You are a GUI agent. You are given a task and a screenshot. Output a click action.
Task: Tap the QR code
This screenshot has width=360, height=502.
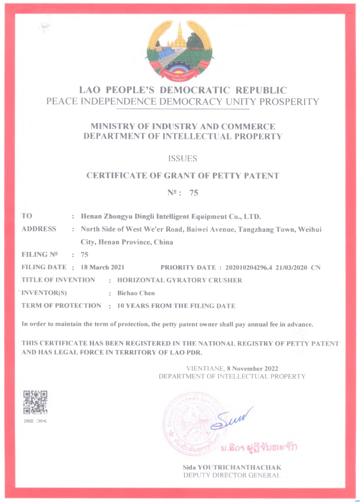point(36,403)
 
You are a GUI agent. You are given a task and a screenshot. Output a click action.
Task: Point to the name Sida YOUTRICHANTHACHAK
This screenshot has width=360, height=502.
point(232,468)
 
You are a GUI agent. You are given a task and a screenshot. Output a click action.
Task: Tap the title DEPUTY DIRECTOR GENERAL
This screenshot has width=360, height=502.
point(232,475)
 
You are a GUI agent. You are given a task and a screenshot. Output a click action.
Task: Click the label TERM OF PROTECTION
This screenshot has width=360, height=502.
point(61,306)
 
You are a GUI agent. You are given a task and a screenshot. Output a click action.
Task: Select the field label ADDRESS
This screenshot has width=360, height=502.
point(39,229)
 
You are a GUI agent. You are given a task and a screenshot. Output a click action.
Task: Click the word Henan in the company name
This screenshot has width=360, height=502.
point(93,216)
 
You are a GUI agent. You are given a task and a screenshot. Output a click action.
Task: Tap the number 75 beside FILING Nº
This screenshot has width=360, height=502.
point(84,255)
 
